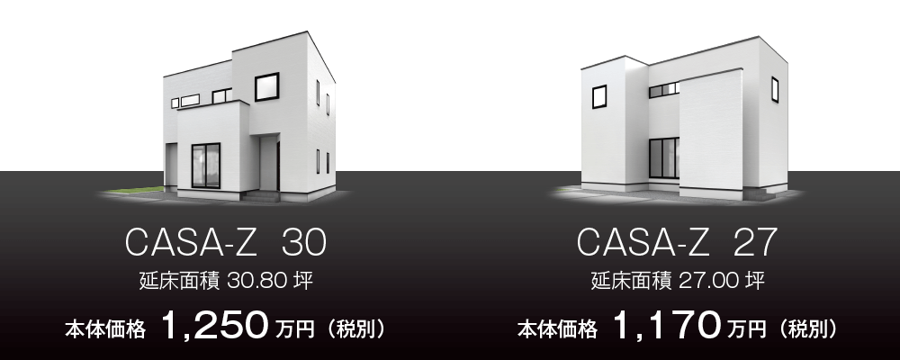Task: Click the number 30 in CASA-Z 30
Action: tap(305, 242)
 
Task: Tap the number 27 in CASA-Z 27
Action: tap(756, 242)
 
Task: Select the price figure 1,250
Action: tap(215, 326)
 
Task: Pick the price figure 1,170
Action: tap(666, 326)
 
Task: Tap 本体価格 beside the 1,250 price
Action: tap(105, 329)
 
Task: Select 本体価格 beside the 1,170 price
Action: tap(557, 329)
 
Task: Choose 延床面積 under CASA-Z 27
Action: tap(632, 282)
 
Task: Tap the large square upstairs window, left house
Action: tap(267, 86)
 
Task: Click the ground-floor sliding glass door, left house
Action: tap(205, 166)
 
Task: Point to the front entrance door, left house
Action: tap(268, 163)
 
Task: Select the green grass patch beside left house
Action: tap(137, 190)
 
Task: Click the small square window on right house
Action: tap(599, 96)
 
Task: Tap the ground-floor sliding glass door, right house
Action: tap(664, 157)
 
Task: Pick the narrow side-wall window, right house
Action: tap(775, 90)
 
